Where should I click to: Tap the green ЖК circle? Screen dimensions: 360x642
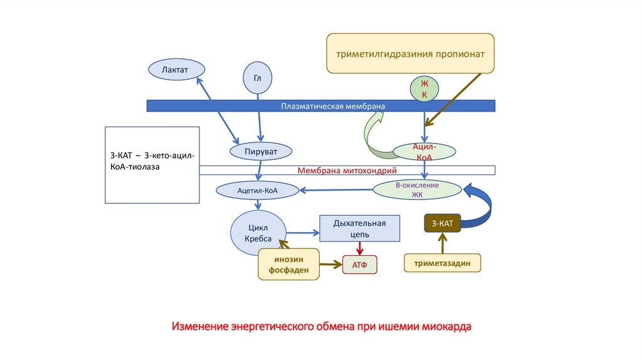tap(424, 89)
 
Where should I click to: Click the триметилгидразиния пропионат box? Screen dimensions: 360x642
tap(410, 54)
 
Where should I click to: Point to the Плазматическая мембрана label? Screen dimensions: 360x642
tap(332, 106)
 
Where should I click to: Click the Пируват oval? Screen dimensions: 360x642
tap(261, 151)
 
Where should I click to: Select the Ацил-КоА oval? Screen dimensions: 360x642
tap(424, 151)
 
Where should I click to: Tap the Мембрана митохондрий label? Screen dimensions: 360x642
tap(347, 170)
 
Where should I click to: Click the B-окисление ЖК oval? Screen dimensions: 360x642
tap(417, 189)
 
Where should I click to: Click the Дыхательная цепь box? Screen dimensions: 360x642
tap(360, 228)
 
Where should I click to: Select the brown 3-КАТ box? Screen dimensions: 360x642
tap(443, 223)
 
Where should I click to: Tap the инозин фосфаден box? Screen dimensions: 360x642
tap(288, 264)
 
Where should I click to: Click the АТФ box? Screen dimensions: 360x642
tap(360, 265)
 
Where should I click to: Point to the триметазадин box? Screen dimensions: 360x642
tap(443, 263)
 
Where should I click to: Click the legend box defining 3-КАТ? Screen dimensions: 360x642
tap(152, 165)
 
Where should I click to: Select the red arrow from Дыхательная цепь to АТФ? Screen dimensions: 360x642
tap(359, 249)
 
